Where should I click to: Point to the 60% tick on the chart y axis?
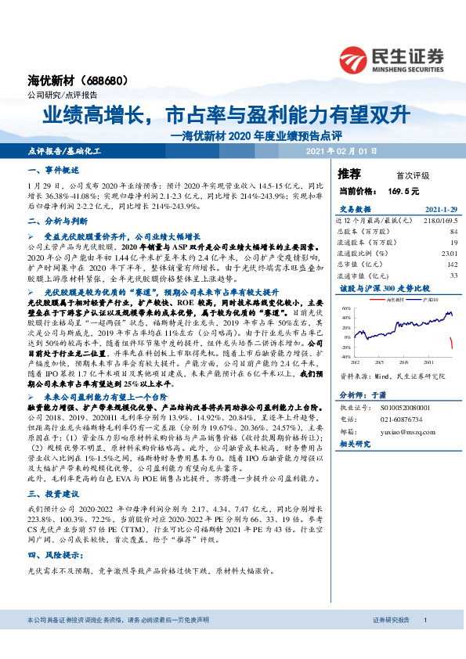pos(346,308)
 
